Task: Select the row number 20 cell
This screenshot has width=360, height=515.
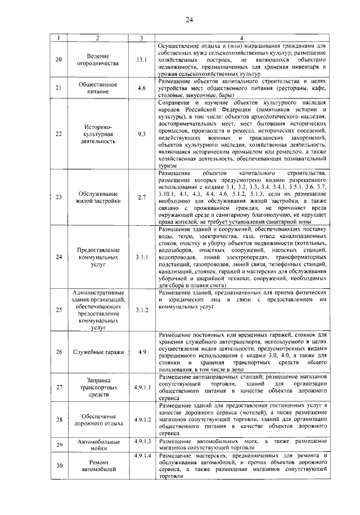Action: coord(60,60)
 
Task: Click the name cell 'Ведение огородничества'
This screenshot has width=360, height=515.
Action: coord(98,60)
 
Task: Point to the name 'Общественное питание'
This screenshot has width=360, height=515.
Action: coord(98,88)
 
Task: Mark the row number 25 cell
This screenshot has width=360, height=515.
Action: coord(60,310)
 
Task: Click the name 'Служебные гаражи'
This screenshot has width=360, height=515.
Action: coord(98,352)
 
